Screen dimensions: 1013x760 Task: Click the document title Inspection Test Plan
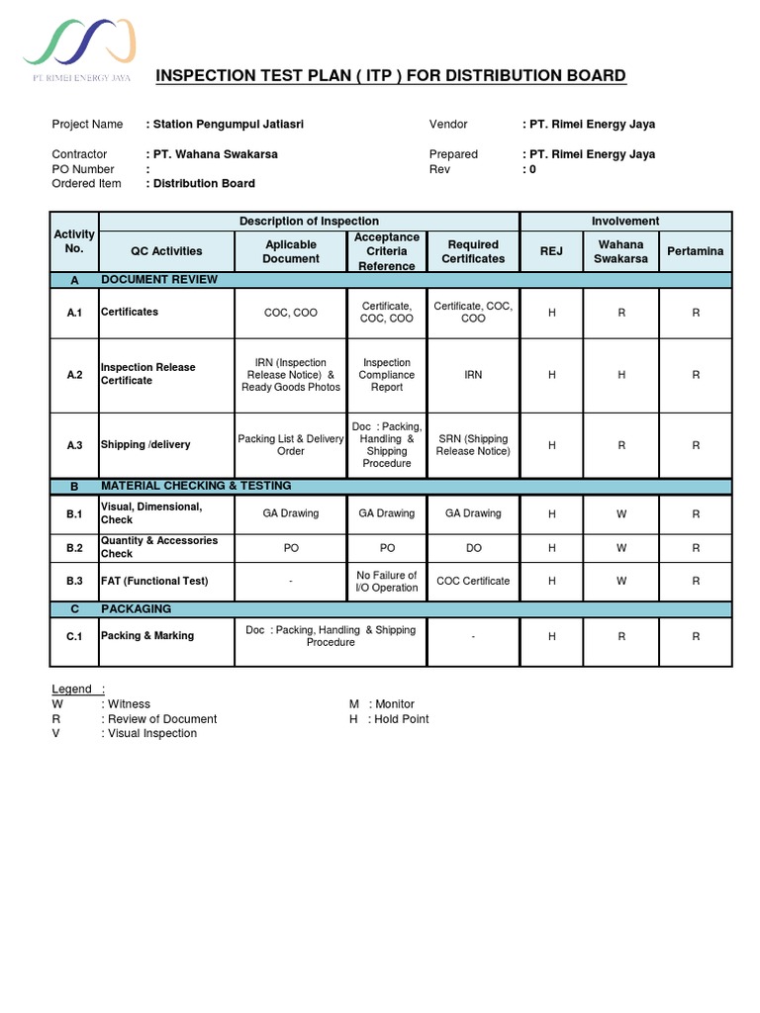[x=391, y=76]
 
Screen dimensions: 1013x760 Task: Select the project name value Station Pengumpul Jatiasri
[x=212, y=125]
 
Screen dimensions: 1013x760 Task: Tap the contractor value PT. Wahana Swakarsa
[x=212, y=154]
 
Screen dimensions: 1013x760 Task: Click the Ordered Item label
[x=86, y=183]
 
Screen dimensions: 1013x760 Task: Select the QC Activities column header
[x=166, y=251]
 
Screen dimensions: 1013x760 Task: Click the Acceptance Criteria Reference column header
[x=387, y=251]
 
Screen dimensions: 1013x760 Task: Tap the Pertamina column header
[x=696, y=251]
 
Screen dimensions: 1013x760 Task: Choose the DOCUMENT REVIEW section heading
[x=158, y=280]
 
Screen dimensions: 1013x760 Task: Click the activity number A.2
[x=75, y=375]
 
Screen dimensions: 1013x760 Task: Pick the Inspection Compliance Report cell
[x=387, y=375]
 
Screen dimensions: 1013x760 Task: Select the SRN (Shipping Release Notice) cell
[x=473, y=445]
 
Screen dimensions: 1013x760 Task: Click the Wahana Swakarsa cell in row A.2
[x=621, y=375]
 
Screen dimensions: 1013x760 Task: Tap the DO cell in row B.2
[x=473, y=548]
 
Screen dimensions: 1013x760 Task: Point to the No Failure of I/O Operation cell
[x=387, y=581]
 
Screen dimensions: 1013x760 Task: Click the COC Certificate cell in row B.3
[x=473, y=581]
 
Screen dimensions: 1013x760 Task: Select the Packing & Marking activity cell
[x=147, y=636]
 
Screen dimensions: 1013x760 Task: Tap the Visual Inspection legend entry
[x=152, y=733]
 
